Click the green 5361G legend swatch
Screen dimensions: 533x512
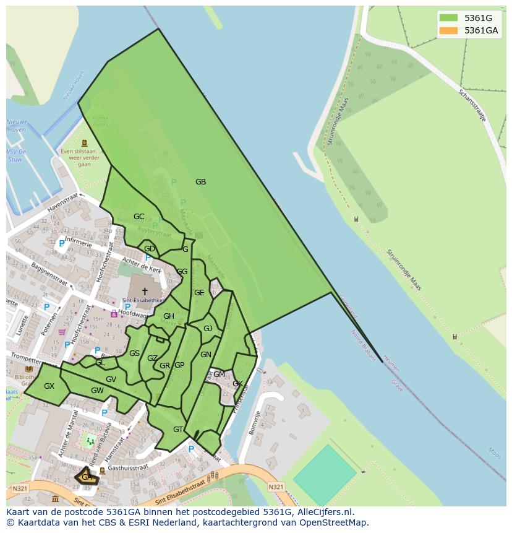pyautogui.click(x=448, y=18)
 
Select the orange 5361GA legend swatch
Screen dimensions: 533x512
pyautogui.click(x=448, y=30)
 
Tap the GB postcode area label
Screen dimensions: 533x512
pyautogui.click(x=200, y=182)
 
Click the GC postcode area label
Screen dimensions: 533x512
pyautogui.click(x=139, y=217)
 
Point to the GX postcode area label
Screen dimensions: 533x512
pyautogui.click(x=49, y=386)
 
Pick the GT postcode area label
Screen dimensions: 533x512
pyautogui.click(x=178, y=430)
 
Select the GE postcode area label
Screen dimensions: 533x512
pyautogui.click(x=199, y=293)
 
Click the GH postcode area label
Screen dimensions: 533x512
pyautogui.click(x=168, y=316)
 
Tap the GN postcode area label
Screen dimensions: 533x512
pyautogui.click(x=206, y=355)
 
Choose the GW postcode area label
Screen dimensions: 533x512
pyautogui.click(x=97, y=391)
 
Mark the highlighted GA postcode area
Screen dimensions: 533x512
pyautogui.click(x=87, y=477)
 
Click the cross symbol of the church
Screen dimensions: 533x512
pyautogui.click(x=145, y=291)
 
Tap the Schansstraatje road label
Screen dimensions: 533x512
pyautogui.click(x=472, y=105)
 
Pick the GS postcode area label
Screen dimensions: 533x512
pyautogui.click(x=134, y=353)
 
